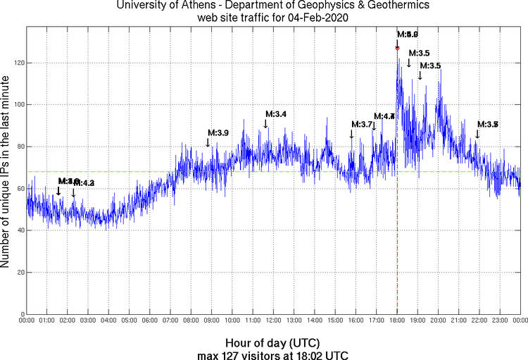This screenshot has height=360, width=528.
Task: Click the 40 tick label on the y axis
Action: pos(20,230)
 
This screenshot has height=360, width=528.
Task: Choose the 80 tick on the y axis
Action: pos(20,147)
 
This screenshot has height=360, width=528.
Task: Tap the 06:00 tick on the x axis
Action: pos(150,321)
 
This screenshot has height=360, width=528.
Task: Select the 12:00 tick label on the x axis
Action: pos(274,321)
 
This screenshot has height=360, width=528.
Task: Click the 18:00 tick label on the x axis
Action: pos(397,321)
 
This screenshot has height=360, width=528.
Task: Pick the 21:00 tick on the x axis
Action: pos(459,321)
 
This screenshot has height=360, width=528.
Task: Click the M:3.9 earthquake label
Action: pos(218,132)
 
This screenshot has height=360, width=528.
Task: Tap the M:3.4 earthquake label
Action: pos(276,114)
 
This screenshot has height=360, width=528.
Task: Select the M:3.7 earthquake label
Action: pos(361,124)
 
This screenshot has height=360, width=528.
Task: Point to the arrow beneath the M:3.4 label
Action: pos(265,125)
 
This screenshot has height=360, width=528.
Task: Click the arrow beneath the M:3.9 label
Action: pos(208,143)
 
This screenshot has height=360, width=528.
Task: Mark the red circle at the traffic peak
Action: pos(397,48)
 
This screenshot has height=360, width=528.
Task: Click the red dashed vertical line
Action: pos(397,211)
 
